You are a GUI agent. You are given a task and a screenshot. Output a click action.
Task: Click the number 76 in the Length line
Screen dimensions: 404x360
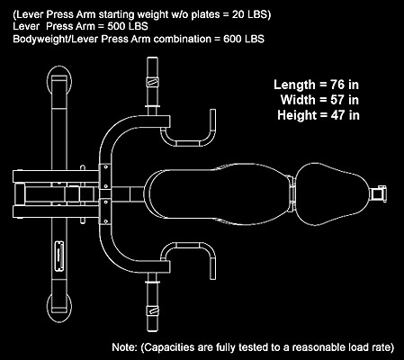(337, 85)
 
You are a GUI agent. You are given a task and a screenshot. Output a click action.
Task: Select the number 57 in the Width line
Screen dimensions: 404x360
(337, 100)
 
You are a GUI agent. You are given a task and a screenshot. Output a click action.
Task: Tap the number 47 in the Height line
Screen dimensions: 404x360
(337, 115)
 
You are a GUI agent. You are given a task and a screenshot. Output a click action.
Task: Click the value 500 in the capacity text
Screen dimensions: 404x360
(116, 26)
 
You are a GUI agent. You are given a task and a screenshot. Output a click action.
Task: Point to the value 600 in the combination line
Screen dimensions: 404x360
(232, 39)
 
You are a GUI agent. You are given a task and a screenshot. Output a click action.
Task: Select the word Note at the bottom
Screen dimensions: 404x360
(123, 347)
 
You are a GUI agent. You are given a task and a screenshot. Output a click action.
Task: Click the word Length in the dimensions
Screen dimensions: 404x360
(295, 85)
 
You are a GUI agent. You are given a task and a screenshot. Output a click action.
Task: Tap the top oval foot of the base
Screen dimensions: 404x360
(59, 81)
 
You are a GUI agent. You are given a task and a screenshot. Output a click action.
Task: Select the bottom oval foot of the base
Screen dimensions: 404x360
(59, 308)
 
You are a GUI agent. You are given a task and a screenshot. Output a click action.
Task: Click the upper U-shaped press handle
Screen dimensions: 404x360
(188, 143)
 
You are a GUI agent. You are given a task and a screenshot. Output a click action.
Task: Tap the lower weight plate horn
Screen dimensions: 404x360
(152, 303)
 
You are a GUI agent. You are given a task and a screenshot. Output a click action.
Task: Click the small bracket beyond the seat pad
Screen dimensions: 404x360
(379, 193)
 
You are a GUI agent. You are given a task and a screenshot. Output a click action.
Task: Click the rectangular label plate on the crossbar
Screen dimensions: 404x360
(58, 256)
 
